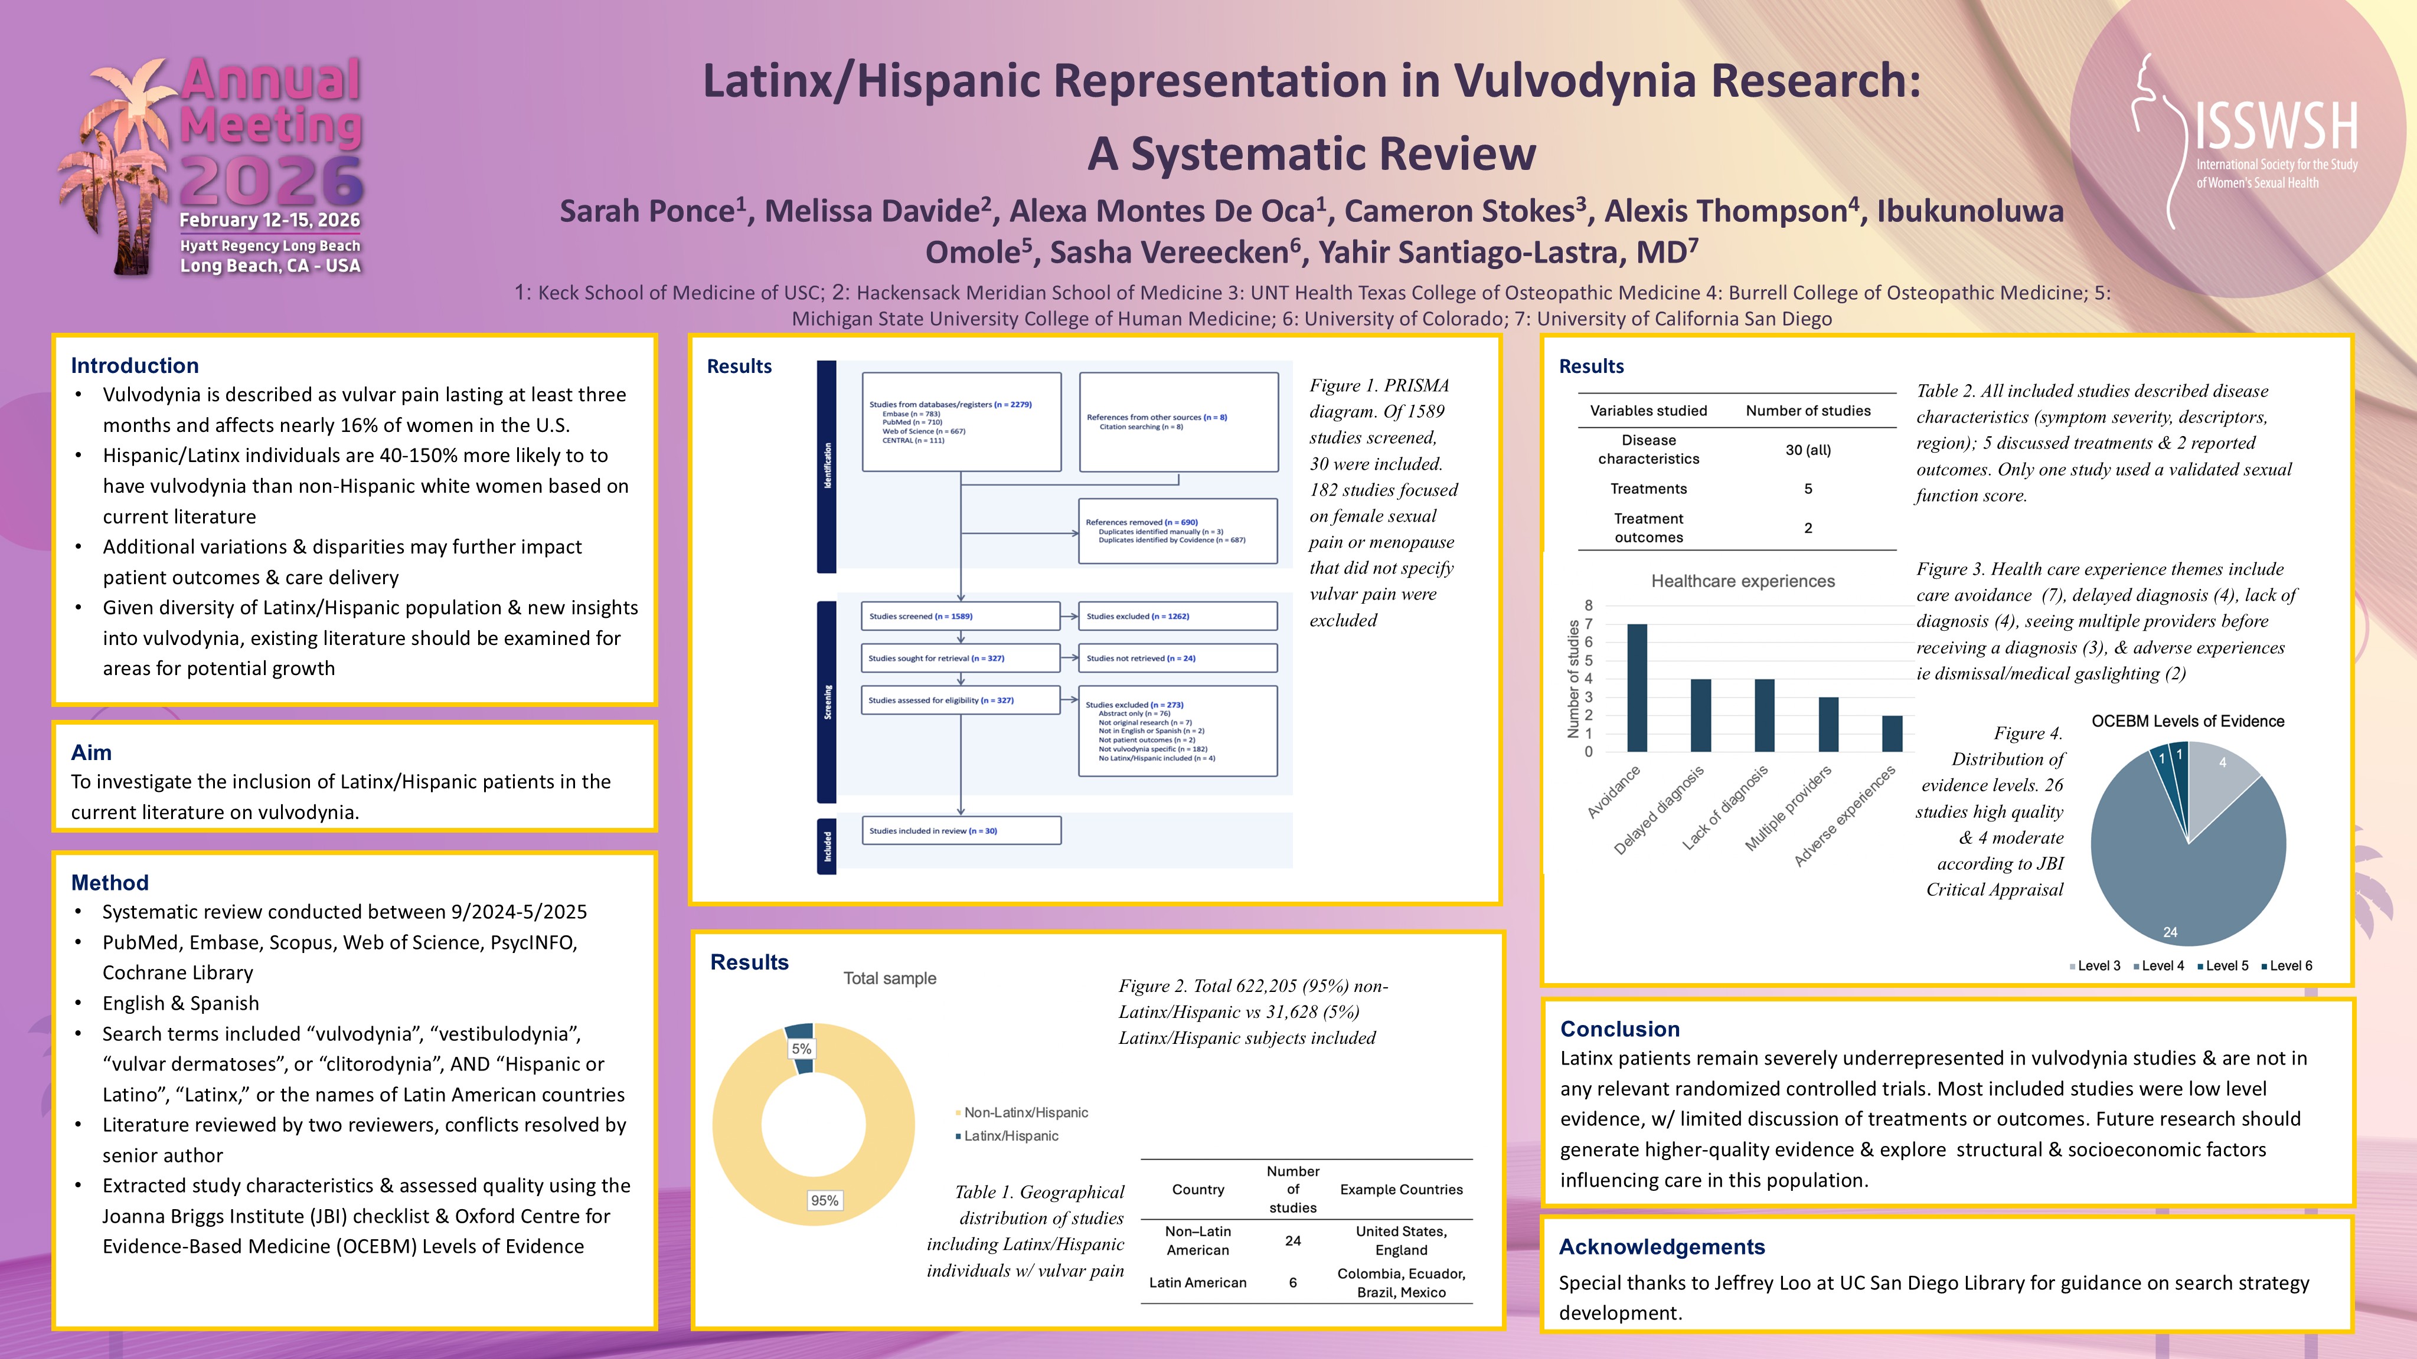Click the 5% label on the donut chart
(801, 1049)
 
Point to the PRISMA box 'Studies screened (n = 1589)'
(960, 616)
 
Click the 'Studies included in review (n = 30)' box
(960, 831)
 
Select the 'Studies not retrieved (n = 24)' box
(1178, 659)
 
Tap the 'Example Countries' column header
(1401, 1189)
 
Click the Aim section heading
(91, 752)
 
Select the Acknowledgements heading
(1662, 1246)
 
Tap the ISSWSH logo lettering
(2275, 127)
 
